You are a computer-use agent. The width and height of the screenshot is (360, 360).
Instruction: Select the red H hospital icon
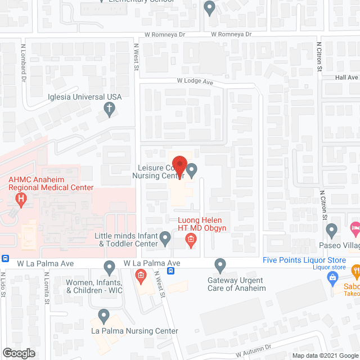(x=21, y=199)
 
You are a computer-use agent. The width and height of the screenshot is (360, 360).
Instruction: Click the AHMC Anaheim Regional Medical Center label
(x=50, y=184)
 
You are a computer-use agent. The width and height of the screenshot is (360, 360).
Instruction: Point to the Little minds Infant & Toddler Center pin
(x=165, y=238)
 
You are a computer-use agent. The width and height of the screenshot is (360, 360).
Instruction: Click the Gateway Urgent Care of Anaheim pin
(x=220, y=264)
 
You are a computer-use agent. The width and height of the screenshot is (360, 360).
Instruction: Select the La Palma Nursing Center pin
(x=103, y=316)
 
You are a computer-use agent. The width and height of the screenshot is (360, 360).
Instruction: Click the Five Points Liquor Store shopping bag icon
(x=333, y=276)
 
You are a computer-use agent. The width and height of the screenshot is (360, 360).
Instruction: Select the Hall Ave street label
(x=346, y=78)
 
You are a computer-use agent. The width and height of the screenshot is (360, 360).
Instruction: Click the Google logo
(x=19, y=353)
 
